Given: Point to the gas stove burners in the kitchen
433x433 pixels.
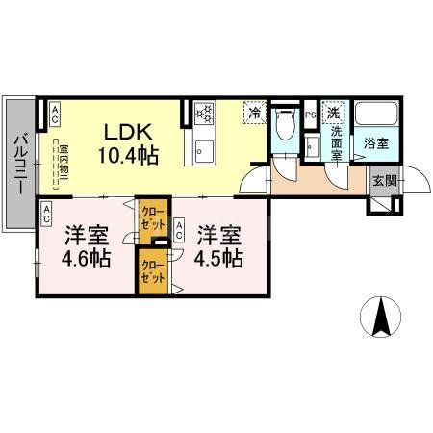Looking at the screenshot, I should click(x=204, y=114).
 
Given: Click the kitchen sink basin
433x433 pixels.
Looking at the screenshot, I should click(x=204, y=150).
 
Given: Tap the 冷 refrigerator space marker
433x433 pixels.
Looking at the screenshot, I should click(x=255, y=114).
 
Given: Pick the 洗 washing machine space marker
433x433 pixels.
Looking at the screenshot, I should click(x=333, y=113).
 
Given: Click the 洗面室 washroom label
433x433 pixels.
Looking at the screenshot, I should click(x=338, y=142).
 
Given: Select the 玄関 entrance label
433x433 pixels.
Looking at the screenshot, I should click(x=383, y=181).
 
